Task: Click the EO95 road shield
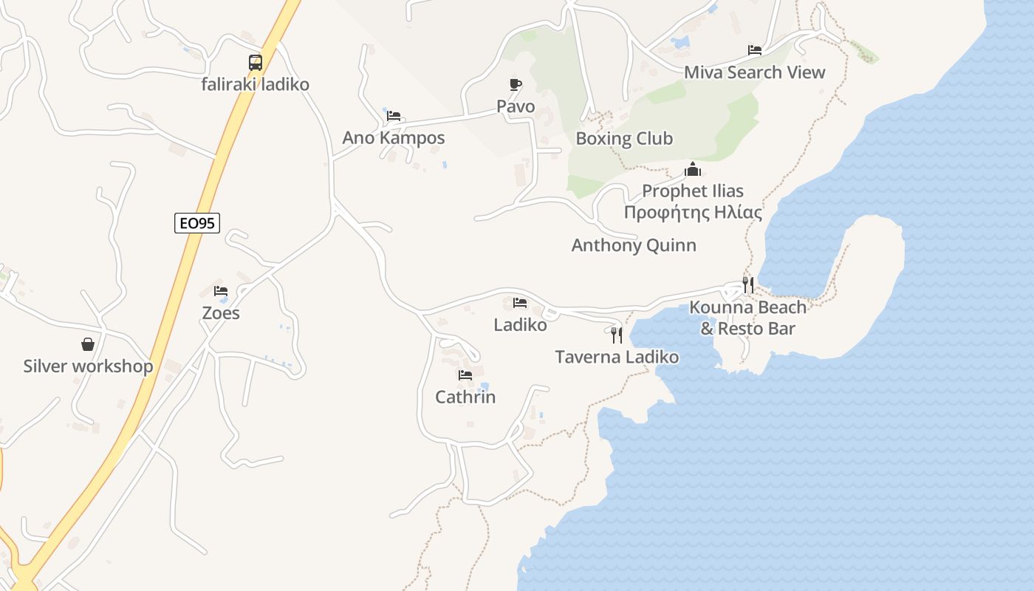tap(197, 222)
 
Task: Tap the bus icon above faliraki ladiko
tap(256, 63)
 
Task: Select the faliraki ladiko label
tap(256, 84)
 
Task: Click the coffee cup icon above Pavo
tap(516, 85)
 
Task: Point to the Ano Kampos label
tap(394, 138)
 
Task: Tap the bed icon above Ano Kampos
tap(394, 116)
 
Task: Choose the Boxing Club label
tap(624, 139)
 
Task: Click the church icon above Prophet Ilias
tap(693, 170)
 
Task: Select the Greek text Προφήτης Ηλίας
tap(693, 213)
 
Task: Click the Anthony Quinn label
tap(634, 245)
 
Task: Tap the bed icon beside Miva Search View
tap(754, 50)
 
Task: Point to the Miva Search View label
tap(754, 72)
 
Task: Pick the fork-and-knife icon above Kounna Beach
tap(748, 285)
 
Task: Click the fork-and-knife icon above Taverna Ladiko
tap(617, 335)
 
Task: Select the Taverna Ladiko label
tap(617, 358)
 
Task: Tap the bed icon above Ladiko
tap(520, 303)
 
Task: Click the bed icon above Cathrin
tap(465, 375)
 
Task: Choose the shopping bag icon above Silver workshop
tap(88, 344)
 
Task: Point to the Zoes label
tap(221, 313)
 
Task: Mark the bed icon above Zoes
tap(221, 291)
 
